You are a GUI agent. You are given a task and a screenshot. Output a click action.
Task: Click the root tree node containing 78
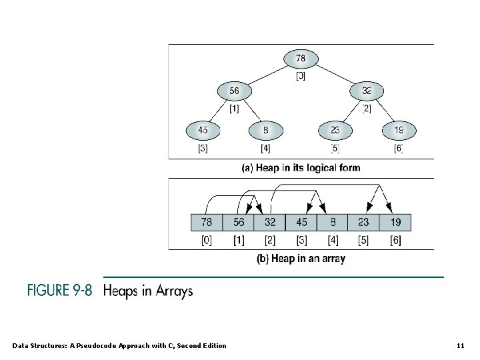coord(301,59)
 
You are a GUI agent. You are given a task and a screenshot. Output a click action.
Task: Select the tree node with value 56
coord(234,91)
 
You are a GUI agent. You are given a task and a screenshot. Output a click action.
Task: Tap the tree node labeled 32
coord(367,91)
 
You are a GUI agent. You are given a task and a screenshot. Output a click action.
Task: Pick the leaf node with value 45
coord(203,130)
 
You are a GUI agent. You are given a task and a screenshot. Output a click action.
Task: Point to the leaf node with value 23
coord(334,130)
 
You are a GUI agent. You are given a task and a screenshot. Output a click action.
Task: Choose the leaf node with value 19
coord(399,130)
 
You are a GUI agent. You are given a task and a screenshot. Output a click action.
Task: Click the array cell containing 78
coord(207,222)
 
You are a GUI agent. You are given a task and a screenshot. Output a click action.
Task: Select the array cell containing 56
coord(238,222)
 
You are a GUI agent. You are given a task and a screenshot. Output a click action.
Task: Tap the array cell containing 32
coord(269,222)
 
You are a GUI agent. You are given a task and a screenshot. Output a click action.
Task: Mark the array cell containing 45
coord(301,222)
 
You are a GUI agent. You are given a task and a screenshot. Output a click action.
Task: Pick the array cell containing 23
coord(363,222)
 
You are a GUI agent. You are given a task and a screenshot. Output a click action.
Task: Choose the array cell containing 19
coord(395,222)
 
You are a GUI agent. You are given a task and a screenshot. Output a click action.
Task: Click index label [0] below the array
coord(207,240)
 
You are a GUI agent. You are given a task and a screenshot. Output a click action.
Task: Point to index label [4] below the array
coord(332,240)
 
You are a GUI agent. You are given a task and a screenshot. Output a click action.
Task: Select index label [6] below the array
coord(395,240)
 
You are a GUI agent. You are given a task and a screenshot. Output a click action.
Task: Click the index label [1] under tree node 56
coord(234,108)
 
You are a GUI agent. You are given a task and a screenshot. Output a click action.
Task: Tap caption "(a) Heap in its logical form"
coord(300,168)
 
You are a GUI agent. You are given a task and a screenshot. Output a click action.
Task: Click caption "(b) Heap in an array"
coord(301,259)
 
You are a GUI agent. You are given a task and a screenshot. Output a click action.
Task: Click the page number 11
coord(460,345)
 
